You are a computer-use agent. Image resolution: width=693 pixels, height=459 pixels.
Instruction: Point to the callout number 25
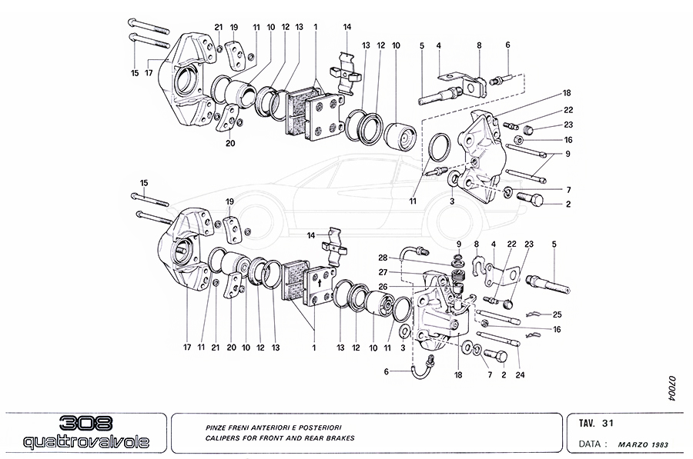pos(557,314)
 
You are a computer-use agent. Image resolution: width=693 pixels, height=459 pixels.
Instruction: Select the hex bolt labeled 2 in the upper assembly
pos(532,200)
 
